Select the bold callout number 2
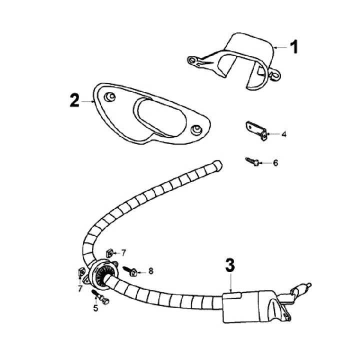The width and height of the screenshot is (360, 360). pos(74,100)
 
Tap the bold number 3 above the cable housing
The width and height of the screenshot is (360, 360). pos(229,266)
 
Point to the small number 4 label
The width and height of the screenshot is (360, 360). pos(283,134)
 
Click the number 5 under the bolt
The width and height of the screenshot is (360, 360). pos(95,308)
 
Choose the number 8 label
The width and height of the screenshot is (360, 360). pos(150,271)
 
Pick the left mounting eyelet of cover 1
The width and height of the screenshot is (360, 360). pos(192,60)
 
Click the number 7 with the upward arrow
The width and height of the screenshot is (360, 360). pos(79,288)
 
